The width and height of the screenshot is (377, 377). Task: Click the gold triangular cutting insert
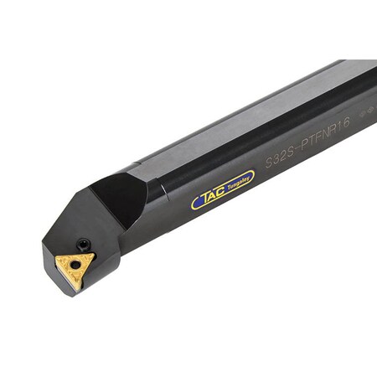[x=75, y=266]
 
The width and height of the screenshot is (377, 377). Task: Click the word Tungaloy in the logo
[x=237, y=183]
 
